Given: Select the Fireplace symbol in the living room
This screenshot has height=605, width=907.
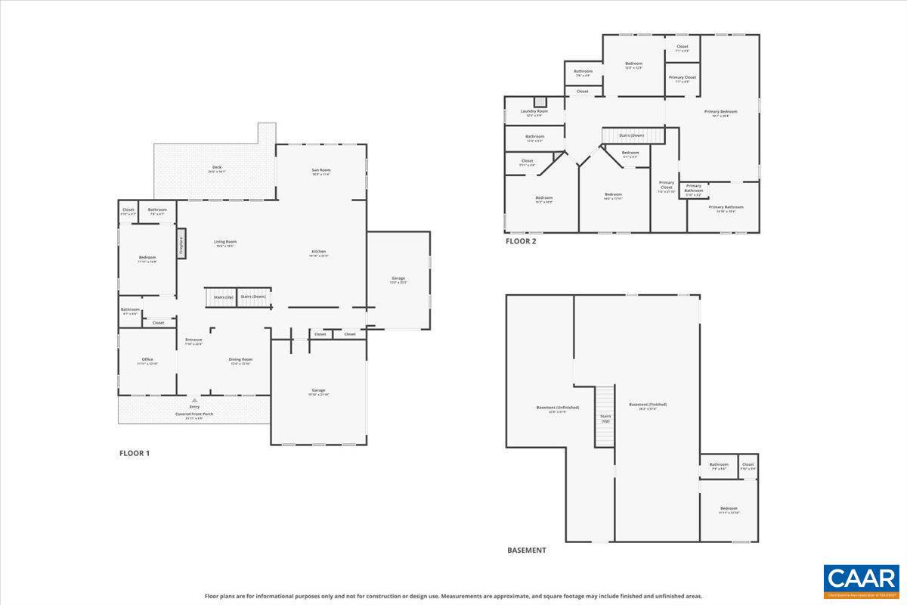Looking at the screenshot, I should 181,247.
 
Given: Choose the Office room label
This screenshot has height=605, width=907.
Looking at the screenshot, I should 147,361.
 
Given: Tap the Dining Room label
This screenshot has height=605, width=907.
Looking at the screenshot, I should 240,361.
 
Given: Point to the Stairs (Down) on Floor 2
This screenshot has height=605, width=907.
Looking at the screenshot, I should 632,135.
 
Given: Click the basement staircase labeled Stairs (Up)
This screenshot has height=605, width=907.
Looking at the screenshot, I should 605,416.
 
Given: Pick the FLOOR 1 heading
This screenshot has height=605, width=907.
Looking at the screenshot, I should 135,453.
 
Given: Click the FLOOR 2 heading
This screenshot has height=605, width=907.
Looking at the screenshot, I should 521,242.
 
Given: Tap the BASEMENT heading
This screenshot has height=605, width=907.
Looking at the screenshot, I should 526,550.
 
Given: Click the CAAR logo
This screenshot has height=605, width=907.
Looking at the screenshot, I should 861,581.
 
